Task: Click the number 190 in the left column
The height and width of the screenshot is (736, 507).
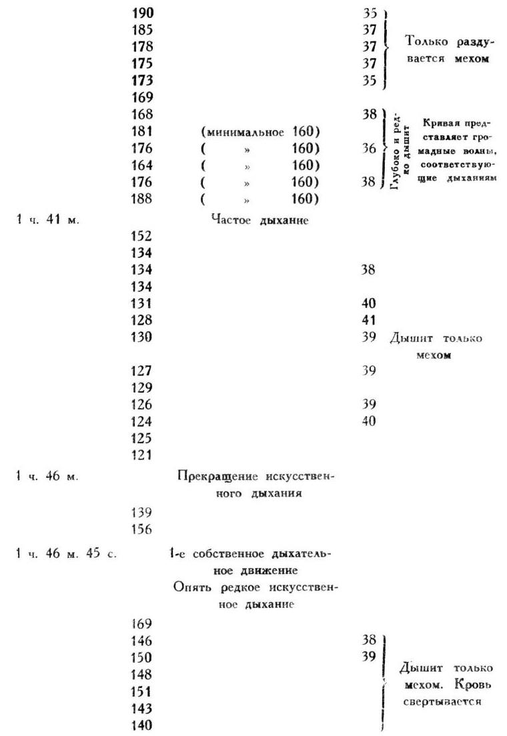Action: pyautogui.click(x=143, y=13)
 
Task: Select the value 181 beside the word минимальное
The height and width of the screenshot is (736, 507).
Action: pyautogui.click(x=143, y=131)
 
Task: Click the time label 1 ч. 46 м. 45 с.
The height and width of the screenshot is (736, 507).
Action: pyautogui.click(x=65, y=554)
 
